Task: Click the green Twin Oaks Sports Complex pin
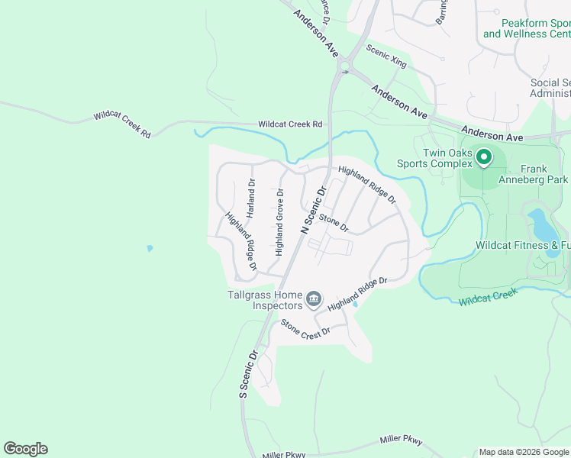pyautogui.click(x=483, y=158)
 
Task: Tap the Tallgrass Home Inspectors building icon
pyautogui.click(x=313, y=300)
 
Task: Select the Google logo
pyautogui.click(x=25, y=449)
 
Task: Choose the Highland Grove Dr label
pyautogui.click(x=280, y=222)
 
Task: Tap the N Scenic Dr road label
pyautogui.click(x=314, y=208)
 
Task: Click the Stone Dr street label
pyautogui.click(x=334, y=223)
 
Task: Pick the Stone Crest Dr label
pyautogui.click(x=305, y=328)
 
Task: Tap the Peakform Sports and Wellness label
pyautogui.click(x=527, y=29)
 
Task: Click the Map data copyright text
pyautogui.click(x=524, y=452)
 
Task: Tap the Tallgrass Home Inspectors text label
pyautogui.click(x=264, y=300)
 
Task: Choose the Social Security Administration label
pyautogui.click(x=550, y=88)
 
